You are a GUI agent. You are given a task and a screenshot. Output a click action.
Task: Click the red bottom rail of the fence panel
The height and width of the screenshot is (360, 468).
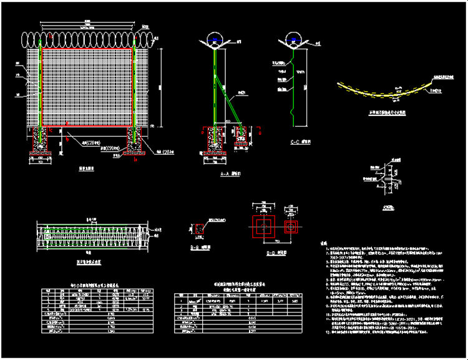88,131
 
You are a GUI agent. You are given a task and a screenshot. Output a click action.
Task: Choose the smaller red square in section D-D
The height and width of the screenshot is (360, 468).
291,226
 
